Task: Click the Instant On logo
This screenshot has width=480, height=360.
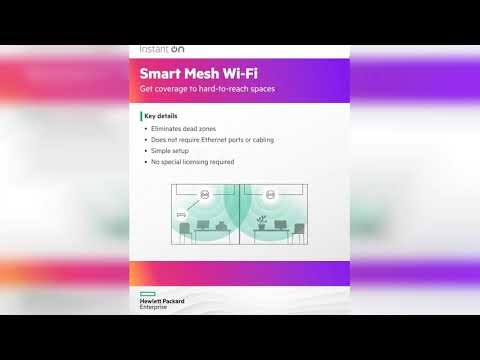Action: click(x=160, y=48)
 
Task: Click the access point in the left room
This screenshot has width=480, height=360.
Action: click(x=204, y=193)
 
